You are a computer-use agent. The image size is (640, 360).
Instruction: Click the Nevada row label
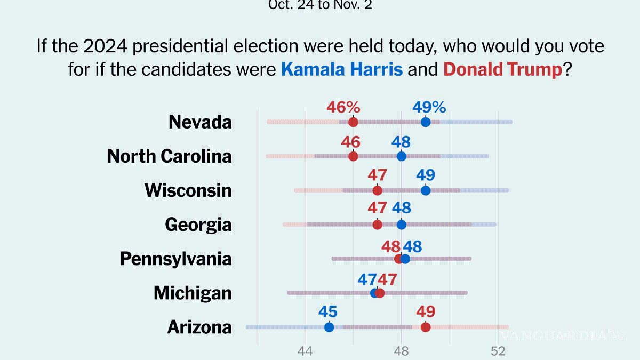pos(200,122)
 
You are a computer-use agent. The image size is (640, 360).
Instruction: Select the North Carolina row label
pos(170,156)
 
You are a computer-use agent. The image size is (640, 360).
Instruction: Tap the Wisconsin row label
pos(188,190)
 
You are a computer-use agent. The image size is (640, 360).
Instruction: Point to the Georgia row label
pos(198,225)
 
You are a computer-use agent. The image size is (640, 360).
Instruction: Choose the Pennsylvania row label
pos(176,259)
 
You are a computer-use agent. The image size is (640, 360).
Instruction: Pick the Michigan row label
pos(193,293)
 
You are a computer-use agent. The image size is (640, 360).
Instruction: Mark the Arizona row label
pos(199,327)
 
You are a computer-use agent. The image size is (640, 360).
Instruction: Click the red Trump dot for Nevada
pos(353,122)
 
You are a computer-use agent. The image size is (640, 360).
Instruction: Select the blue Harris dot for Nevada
pos(426,122)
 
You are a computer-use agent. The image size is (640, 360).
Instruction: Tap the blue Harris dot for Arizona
pos(329,327)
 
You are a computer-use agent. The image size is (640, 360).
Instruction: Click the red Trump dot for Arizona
pos(426,327)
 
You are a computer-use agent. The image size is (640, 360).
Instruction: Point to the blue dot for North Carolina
pos(402,156)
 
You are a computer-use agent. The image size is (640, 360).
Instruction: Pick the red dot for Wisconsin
pos(377,190)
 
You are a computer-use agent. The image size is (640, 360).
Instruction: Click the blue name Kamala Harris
pos(342,69)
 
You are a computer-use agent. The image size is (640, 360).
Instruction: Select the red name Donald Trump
pos(503,69)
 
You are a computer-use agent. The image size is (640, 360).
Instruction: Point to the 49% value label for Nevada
pos(429,107)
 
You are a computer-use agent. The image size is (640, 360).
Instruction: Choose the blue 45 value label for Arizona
pos(329,312)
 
